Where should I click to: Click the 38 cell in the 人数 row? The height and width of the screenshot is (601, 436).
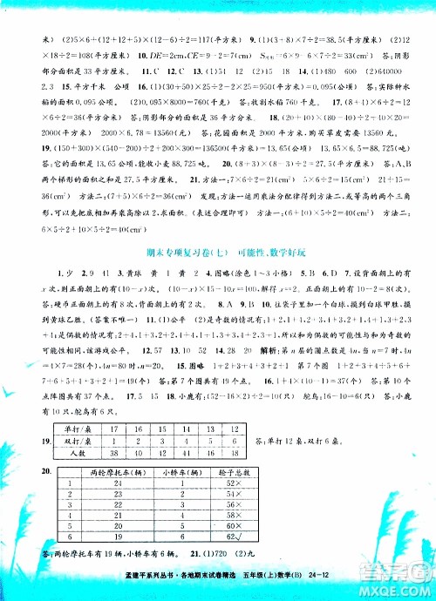tap(110, 457)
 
